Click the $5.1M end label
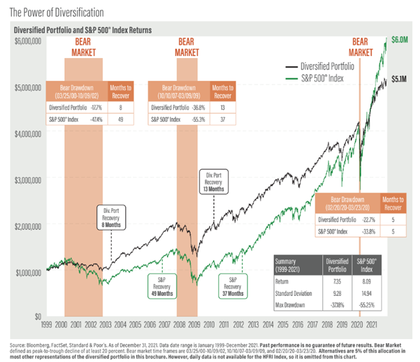pyautogui.click(x=400, y=79)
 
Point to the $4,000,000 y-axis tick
pyautogui.click(x=27, y=133)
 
